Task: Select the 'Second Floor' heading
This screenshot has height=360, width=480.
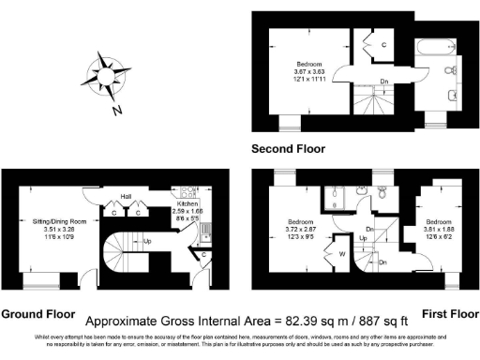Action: click(x=288, y=149)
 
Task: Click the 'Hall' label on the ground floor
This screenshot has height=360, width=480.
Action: click(x=125, y=197)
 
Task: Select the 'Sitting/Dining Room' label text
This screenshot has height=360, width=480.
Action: click(x=52, y=221)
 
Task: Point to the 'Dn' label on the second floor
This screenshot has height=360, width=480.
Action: click(x=384, y=81)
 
